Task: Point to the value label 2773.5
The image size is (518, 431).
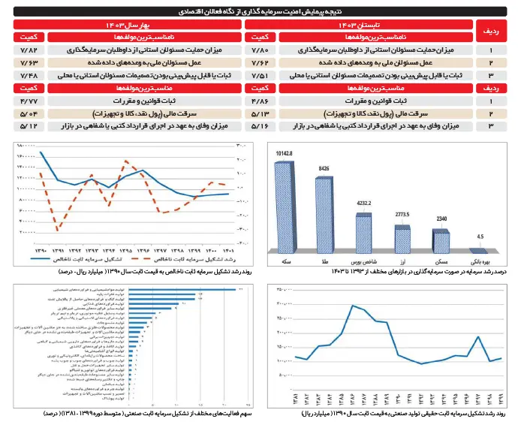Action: (402, 215)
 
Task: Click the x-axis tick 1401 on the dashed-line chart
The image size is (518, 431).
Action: (227, 249)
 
